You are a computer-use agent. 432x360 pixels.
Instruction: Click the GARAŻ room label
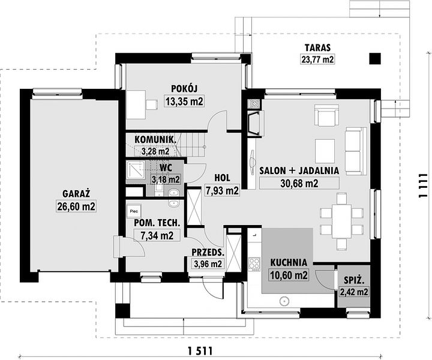pos(76,194)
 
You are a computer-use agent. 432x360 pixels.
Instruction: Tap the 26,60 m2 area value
pos(76,206)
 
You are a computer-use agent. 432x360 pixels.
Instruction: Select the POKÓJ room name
pos(184,89)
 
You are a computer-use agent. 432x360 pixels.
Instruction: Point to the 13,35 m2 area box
pos(184,101)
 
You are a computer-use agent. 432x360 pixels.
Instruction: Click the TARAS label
pos(317,47)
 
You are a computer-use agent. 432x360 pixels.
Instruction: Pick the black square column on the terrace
pos(375,58)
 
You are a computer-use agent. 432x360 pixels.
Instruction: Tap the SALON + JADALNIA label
pos(299,171)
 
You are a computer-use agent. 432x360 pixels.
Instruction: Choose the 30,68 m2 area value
pos(299,183)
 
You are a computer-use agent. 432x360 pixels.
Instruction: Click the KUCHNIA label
pos(289,262)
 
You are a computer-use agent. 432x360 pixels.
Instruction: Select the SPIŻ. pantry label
pos(355,280)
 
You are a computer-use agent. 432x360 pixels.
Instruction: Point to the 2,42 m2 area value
pos(355,292)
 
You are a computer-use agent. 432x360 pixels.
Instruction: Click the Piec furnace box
pos(134,212)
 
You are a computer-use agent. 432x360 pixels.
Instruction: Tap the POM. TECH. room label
pos(157,223)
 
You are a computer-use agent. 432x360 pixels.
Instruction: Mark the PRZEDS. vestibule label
pos(208,253)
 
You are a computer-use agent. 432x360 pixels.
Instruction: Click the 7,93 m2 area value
pos(222,190)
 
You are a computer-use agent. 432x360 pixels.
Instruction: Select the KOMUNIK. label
pos(155,139)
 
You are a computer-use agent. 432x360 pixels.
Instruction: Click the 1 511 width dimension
pos(200,351)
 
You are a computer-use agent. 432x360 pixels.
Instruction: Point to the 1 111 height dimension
pos(423,185)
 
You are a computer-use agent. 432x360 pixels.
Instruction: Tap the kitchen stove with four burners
pos(254,265)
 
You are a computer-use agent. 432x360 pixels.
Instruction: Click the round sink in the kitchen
pos(284,301)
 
